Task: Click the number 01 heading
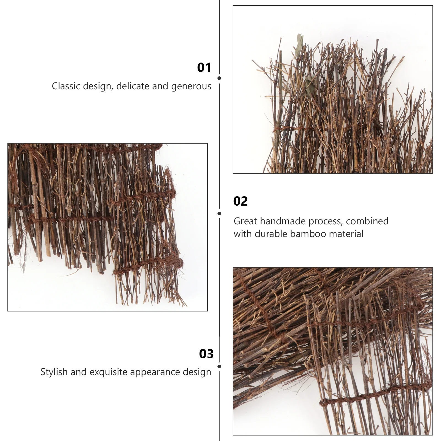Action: click(x=204, y=68)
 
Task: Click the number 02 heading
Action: click(x=240, y=201)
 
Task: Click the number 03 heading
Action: click(x=206, y=354)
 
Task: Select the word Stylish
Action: click(x=54, y=372)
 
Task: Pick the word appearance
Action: click(x=156, y=372)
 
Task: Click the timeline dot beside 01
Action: click(x=219, y=78)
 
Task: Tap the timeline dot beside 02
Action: click(x=219, y=214)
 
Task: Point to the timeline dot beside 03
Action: click(x=219, y=367)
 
